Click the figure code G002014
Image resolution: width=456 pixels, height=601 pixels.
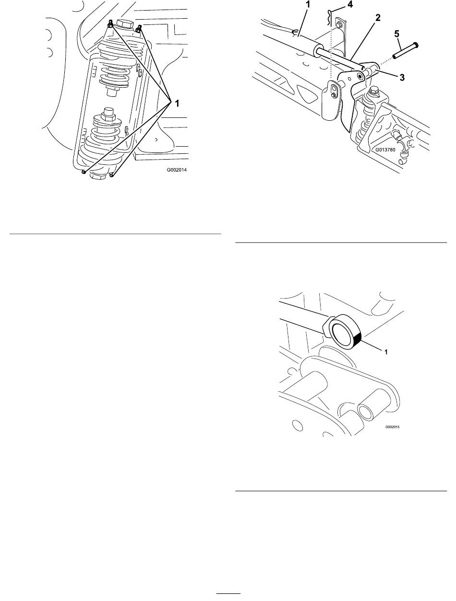point(177,170)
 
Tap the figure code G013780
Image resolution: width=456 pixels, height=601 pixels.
point(385,150)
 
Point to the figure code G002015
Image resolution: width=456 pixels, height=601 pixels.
point(392,427)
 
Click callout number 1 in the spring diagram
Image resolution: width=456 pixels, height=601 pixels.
point(177,104)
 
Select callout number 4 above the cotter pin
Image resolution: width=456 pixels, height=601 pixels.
point(350,5)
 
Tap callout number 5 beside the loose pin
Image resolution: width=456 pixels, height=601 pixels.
point(396,34)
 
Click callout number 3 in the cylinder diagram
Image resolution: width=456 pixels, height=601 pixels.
point(402,78)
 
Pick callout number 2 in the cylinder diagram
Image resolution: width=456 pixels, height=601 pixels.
point(378,18)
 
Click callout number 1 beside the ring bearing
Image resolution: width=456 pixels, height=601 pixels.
point(386,352)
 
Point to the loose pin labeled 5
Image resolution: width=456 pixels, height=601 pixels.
point(406,50)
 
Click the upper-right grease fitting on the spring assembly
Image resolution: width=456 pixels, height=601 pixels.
point(139,28)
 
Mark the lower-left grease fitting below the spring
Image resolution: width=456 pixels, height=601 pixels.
point(84,172)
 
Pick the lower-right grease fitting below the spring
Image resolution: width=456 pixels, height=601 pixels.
point(112,174)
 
